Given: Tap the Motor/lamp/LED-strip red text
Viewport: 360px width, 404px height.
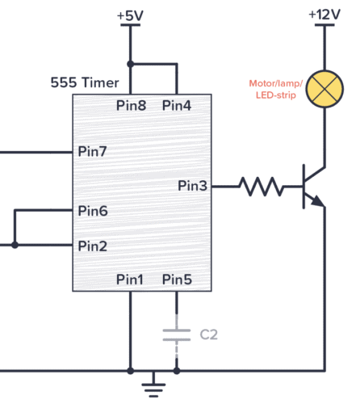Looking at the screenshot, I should [274, 88].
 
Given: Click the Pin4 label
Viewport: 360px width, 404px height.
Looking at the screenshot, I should [178, 106].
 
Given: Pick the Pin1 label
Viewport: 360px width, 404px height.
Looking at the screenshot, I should [129, 280].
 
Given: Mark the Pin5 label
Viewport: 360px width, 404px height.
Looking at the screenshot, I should [178, 280].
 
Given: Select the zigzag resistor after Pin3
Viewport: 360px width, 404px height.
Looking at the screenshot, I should [261, 187].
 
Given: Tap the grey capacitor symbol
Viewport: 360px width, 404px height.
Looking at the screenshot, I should [177, 334].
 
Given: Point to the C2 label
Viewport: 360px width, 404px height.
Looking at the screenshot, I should [209, 334].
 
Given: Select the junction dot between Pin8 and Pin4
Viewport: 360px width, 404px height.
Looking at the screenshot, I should [130, 64].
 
